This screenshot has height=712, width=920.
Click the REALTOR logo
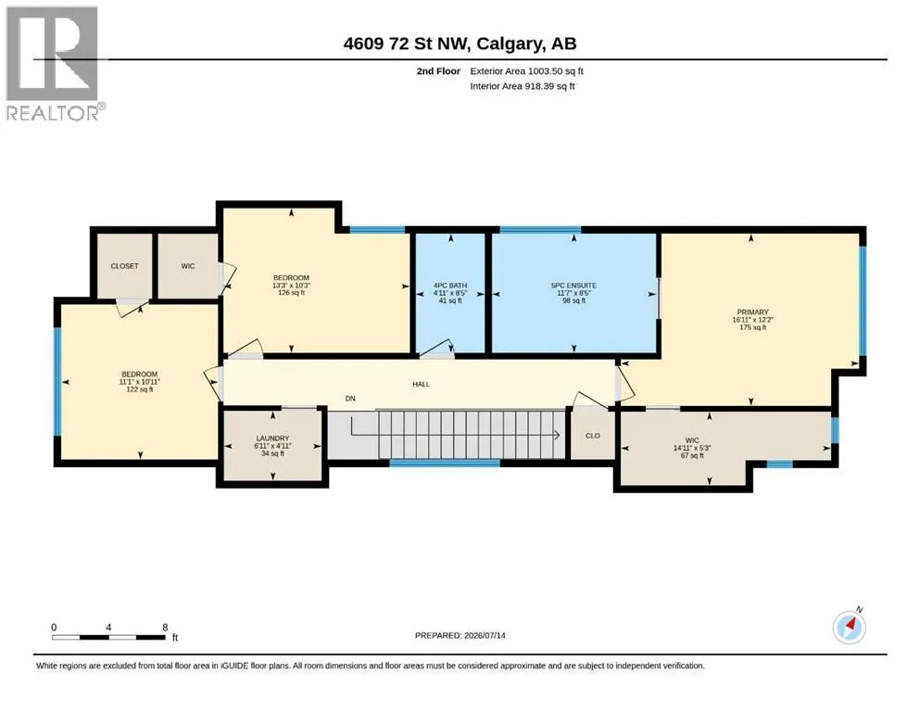pyautogui.click(x=56, y=63)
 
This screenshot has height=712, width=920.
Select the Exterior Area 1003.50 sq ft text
pyautogui.click(x=526, y=71)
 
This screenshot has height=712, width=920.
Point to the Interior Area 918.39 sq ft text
pyautogui.click(x=523, y=86)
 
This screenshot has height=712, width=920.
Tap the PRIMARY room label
pyautogui.click(x=753, y=312)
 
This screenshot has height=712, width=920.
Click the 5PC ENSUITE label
pyautogui.click(x=573, y=286)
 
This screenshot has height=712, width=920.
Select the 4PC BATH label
pyautogui.click(x=450, y=286)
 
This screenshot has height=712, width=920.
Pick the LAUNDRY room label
pyautogui.click(x=272, y=439)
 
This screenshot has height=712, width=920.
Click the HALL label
pyautogui.click(x=421, y=384)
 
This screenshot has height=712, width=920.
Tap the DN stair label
pyautogui.click(x=350, y=399)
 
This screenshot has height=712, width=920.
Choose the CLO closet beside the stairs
pyautogui.click(x=593, y=436)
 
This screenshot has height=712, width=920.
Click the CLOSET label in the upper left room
pyautogui.click(x=124, y=266)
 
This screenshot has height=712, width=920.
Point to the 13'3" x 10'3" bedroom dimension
pyautogui.click(x=291, y=286)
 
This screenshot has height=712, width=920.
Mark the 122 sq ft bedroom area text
pyautogui.click(x=140, y=389)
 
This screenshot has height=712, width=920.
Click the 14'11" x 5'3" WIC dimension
pyautogui.click(x=692, y=448)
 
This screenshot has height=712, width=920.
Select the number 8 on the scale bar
pyautogui.click(x=166, y=627)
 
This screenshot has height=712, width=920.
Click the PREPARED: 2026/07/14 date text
pyautogui.click(x=460, y=635)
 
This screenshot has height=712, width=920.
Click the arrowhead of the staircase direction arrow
pyautogui.click(x=556, y=435)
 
